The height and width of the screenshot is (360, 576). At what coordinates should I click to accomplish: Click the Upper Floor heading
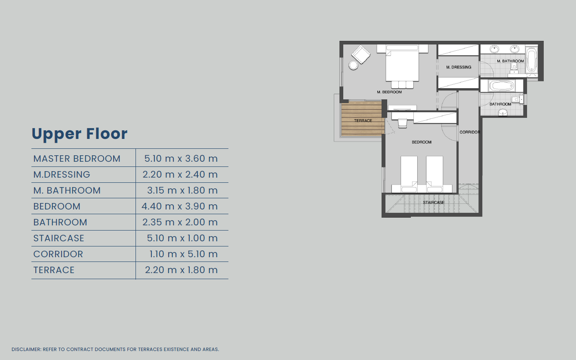click(80, 134)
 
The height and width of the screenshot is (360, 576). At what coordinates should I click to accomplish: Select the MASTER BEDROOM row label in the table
click(77, 159)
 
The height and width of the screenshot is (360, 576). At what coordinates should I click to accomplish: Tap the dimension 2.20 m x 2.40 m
click(180, 174)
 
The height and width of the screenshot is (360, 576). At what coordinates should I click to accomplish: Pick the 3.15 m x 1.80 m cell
click(182, 190)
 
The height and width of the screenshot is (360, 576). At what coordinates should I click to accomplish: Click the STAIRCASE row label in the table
click(59, 238)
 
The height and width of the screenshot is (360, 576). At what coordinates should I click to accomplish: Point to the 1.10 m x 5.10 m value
click(184, 254)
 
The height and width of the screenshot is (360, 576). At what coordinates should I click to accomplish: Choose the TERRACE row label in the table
click(54, 270)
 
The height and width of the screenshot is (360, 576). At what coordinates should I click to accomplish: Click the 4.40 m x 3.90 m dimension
click(180, 206)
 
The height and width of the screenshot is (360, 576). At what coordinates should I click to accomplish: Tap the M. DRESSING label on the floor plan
click(459, 67)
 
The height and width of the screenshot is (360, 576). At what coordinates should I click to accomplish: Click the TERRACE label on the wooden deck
click(363, 120)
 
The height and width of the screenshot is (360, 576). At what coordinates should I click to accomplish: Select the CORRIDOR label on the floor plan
click(470, 132)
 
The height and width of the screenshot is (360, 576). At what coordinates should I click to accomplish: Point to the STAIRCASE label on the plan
click(434, 203)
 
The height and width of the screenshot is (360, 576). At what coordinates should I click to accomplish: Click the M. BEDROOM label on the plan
click(389, 92)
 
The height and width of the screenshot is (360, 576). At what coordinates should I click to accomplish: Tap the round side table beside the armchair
click(353, 65)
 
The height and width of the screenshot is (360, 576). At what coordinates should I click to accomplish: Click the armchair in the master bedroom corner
click(361, 54)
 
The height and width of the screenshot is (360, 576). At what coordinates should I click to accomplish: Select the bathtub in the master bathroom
click(531, 60)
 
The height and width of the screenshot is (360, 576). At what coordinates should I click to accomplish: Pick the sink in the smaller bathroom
click(503, 112)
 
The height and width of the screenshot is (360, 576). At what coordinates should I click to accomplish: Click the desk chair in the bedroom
click(403, 123)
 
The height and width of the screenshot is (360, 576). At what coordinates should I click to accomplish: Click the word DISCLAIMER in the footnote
click(26, 349)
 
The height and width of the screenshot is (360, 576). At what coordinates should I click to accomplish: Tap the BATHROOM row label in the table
click(60, 222)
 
